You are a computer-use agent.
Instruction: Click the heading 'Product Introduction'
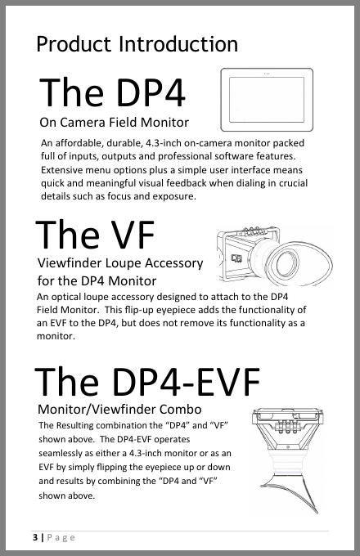[x=137, y=44]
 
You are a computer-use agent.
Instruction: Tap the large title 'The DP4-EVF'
[x=147, y=383]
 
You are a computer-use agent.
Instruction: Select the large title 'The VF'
[x=95, y=235]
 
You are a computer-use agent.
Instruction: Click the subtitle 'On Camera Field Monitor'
[x=115, y=123]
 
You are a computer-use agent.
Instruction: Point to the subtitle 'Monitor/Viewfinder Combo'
[x=119, y=409]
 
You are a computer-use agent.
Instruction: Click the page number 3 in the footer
[x=34, y=537]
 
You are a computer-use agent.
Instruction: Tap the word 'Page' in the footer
[x=61, y=537]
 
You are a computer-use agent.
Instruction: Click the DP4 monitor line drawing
[x=267, y=100]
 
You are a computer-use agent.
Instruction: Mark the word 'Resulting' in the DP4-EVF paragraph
[x=74, y=425]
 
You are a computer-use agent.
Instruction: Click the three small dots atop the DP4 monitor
[x=267, y=74]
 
